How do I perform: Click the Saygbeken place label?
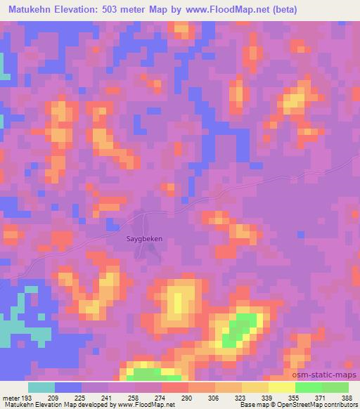click(x=144, y=238)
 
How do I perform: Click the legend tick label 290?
click(x=188, y=398)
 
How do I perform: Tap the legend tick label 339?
click(x=267, y=398)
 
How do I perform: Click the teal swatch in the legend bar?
click(x=41, y=387)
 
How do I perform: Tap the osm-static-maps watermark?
click(x=330, y=375)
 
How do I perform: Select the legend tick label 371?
click(x=321, y=398)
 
